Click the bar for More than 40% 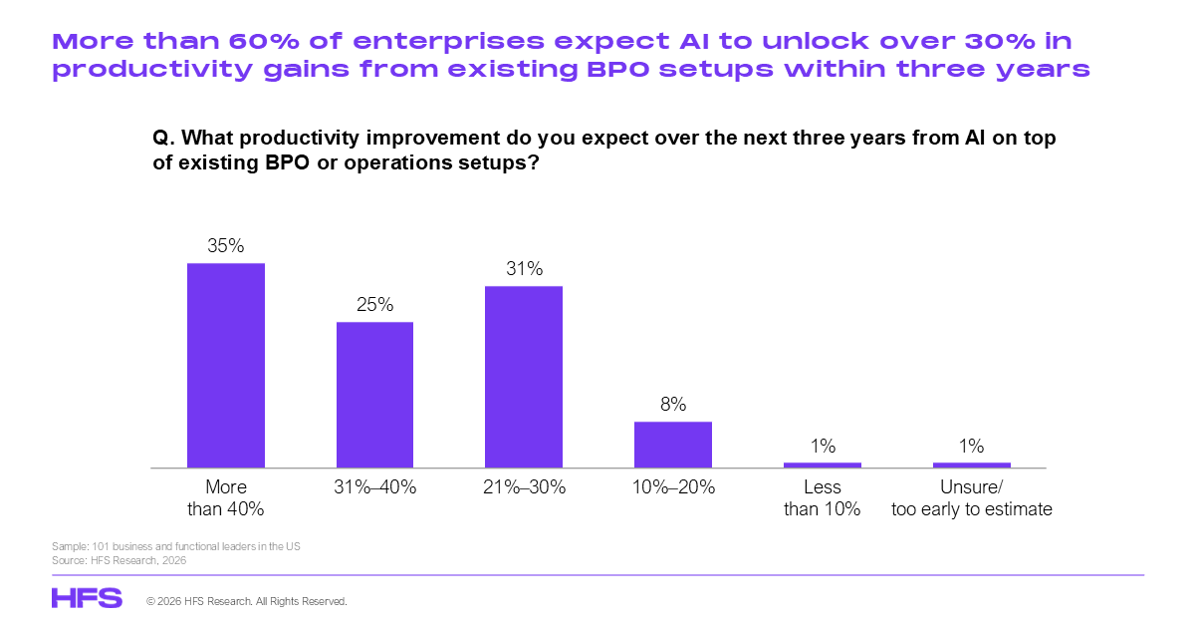click(226, 365)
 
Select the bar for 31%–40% click(374, 395)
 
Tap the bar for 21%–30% click(524, 377)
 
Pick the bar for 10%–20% click(673, 445)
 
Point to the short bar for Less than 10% click(823, 465)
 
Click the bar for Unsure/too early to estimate click(972, 465)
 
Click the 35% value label click(226, 246)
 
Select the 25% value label click(374, 305)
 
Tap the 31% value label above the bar click(524, 269)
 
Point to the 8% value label click(673, 405)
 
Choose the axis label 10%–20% click(673, 487)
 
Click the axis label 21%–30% click(524, 487)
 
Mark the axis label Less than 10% click(823, 498)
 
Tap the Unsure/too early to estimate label click(972, 498)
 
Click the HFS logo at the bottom click(87, 598)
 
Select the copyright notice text click(246, 602)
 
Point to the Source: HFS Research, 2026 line click(119, 560)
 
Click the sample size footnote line click(175, 547)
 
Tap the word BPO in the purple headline click(651, 70)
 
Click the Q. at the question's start click(163, 139)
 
